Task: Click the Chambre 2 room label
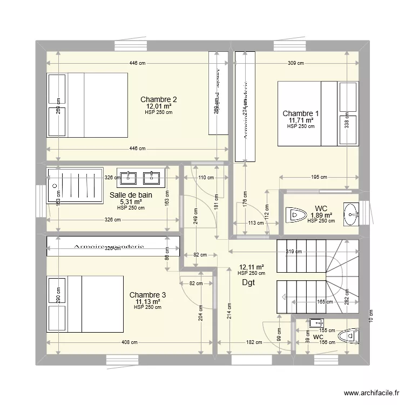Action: pyautogui.click(x=158, y=99)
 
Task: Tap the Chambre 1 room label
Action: pyautogui.click(x=301, y=113)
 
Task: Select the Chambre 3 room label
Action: pyautogui.click(x=147, y=295)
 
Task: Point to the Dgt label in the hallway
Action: pyautogui.click(x=248, y=282)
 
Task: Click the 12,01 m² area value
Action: pyautogui.click(x=158, y=106)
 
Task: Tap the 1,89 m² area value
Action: pyautogui.click(x=321, y=215)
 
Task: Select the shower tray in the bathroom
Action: pyautogui.click(x=75, y=185)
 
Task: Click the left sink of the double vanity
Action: pyautogui.click(x=130, y=177)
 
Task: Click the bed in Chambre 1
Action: pyautogui.click(x=318, y=113)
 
